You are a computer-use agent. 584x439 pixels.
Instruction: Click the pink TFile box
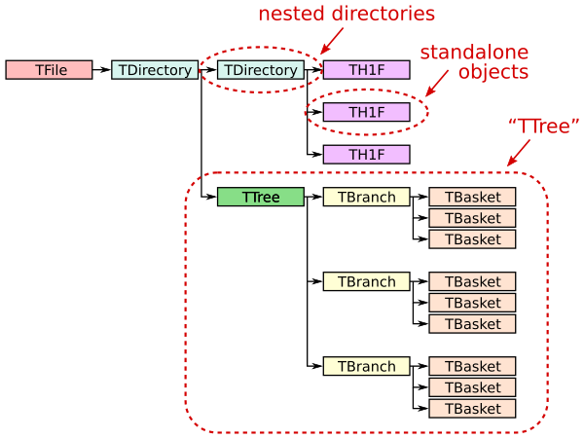point(49,70)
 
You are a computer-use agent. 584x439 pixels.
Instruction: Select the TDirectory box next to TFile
point(154,70)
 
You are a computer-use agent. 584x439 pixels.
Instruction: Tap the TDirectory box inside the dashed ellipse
point(260,70)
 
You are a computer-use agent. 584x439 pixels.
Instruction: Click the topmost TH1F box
point(366,70)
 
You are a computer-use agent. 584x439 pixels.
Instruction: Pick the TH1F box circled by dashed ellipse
point(366,112)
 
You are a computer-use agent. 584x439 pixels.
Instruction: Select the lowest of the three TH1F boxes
point(366,155)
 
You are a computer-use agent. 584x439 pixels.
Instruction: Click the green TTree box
point(260,198)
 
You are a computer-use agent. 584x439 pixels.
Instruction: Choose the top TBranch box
point(366,198)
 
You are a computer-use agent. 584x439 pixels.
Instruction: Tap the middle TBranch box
point(366,282)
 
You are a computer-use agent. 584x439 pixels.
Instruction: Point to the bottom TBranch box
point(366,367)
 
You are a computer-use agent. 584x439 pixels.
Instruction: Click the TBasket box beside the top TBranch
point(472,198)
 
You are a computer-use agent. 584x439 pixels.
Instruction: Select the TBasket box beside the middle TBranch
point(472,282)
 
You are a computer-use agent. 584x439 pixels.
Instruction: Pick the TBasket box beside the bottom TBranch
point(472,367)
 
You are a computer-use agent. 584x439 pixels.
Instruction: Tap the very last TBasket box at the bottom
point(472,409)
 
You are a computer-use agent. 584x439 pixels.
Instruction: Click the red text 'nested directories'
point(346,15)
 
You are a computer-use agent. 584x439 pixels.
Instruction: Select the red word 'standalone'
point(474,53)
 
